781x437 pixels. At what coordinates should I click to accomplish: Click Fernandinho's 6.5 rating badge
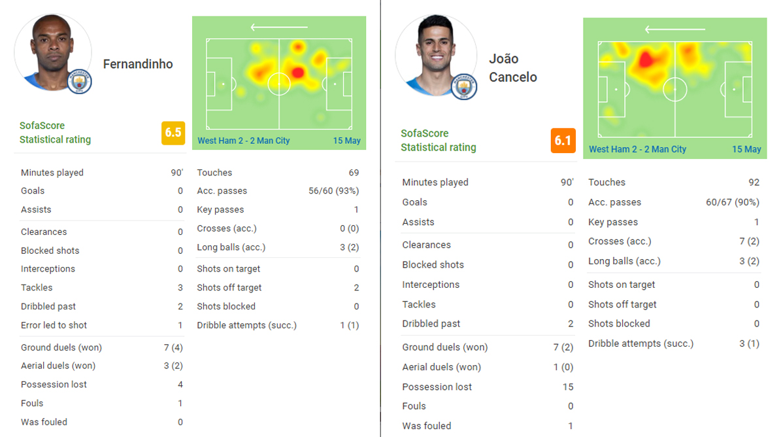coord(173,133)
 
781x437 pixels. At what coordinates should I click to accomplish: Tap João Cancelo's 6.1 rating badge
coord(563,141)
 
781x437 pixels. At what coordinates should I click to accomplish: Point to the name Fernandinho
coord(138,64)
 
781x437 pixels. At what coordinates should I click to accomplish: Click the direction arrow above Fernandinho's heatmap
coord(279,27)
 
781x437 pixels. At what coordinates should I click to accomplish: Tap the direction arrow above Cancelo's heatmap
coord(674,29)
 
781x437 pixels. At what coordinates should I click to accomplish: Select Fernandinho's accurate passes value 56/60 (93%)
coord(334,191)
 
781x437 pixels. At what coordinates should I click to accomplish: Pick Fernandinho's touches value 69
coord(354,173)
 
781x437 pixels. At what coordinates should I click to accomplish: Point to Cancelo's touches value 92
coord(754,183)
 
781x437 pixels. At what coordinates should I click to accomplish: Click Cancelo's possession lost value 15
coord(567,387)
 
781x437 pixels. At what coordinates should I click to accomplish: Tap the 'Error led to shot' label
coord(54,325)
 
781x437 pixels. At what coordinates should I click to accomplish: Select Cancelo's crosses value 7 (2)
coord(749,241)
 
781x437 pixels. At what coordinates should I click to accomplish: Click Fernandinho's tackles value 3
coord(180,288)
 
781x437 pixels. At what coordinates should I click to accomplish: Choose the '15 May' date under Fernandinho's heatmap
coord(346,141)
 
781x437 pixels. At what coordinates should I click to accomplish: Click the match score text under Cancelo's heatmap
coord(637,149)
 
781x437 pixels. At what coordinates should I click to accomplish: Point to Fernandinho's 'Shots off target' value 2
coord(356,288)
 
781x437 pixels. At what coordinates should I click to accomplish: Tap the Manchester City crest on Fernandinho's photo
coord(80,82)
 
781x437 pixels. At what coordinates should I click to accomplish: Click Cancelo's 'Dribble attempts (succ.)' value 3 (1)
coord(749,343)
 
